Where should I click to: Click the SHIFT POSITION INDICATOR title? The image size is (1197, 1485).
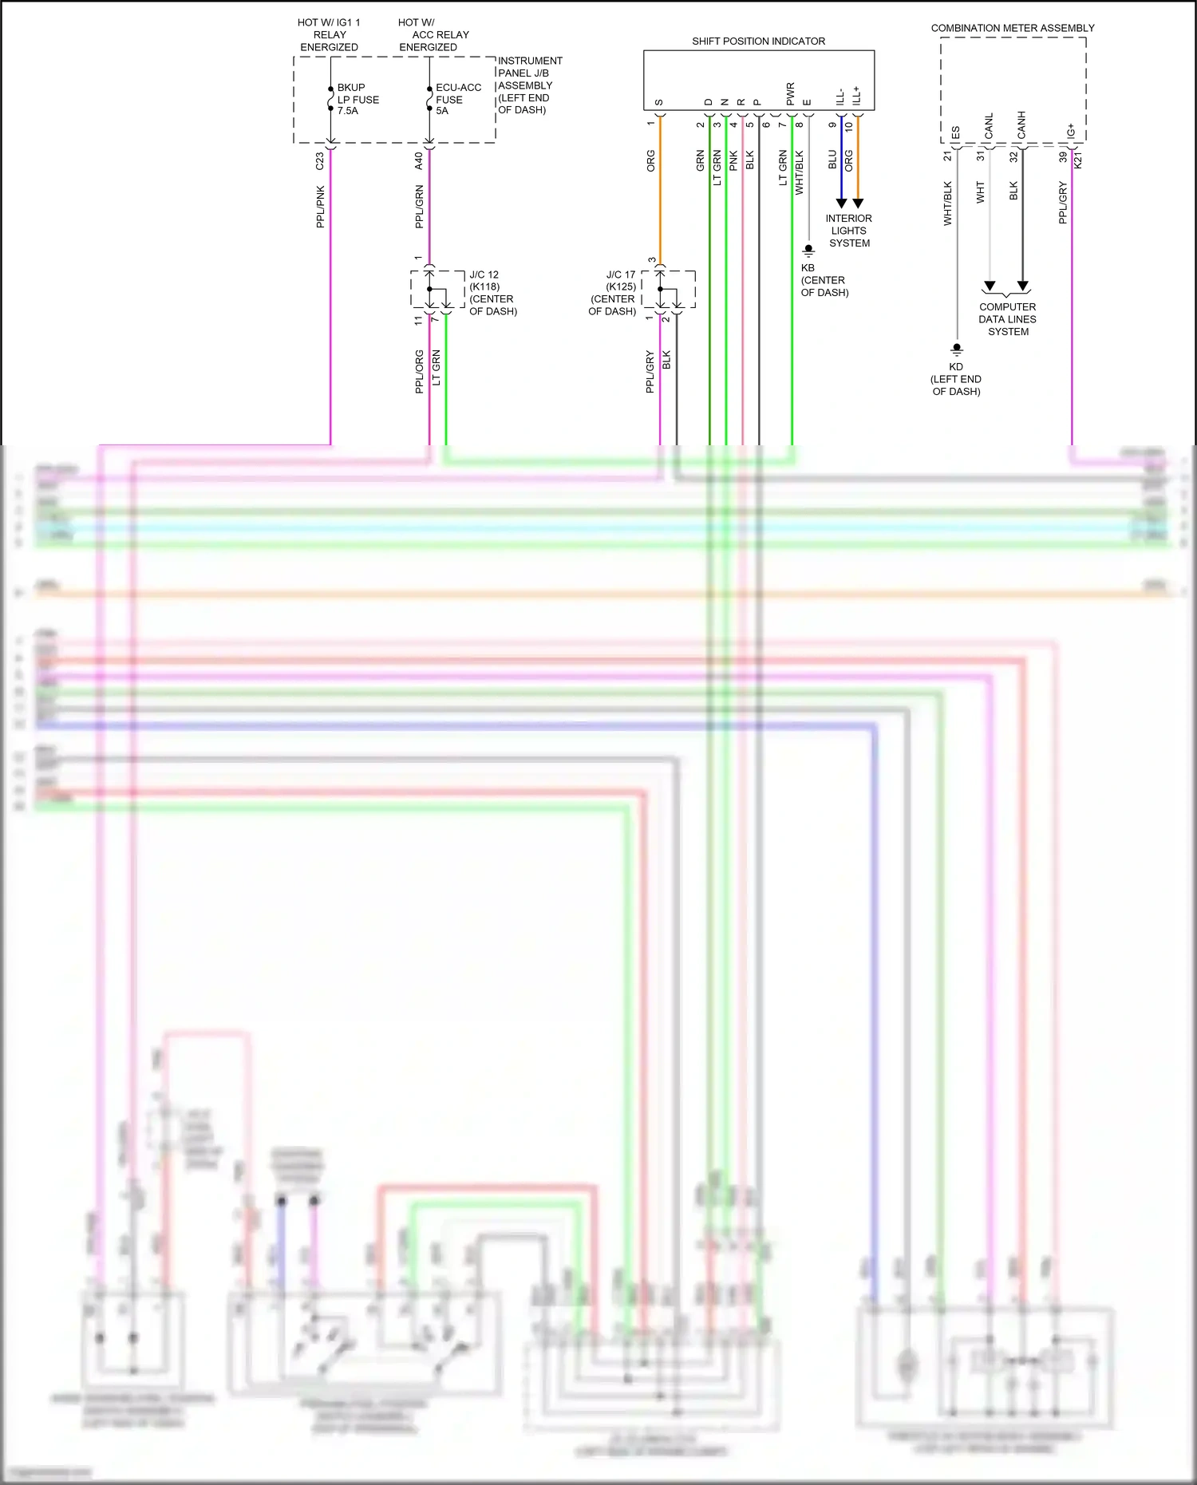tap(758, 41)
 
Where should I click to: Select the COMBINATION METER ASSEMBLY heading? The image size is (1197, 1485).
tap(1012, 28)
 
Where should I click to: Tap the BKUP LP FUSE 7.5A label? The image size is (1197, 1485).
tap(358, 99)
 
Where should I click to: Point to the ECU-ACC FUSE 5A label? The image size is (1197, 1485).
tap(457, 99)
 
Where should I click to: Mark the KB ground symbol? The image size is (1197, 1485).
tap(808, 251)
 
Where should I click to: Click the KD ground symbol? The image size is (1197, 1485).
tap(956, 349)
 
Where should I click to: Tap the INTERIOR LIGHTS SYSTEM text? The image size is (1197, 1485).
tap(849, 231)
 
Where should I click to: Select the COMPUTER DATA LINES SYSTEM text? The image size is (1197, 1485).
tap(1008, 319)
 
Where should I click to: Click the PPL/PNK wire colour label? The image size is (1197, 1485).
tap(321, 207)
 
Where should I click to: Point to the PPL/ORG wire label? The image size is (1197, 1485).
tap(420, 371)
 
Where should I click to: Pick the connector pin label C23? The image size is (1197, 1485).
tap(320, 161)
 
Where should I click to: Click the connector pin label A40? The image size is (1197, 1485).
tap(419, 161)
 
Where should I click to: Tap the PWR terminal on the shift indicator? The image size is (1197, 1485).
tap(791, 94)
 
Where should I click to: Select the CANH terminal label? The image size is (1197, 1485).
tap(1021, 124)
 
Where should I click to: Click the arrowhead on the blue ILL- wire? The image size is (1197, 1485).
tap(841, 203)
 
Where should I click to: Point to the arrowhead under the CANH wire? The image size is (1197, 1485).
tap(1023, 286)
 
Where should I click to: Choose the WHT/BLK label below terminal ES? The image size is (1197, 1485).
tap(948, 203)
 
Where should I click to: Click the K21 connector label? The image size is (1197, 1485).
tap(1078, 160)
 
